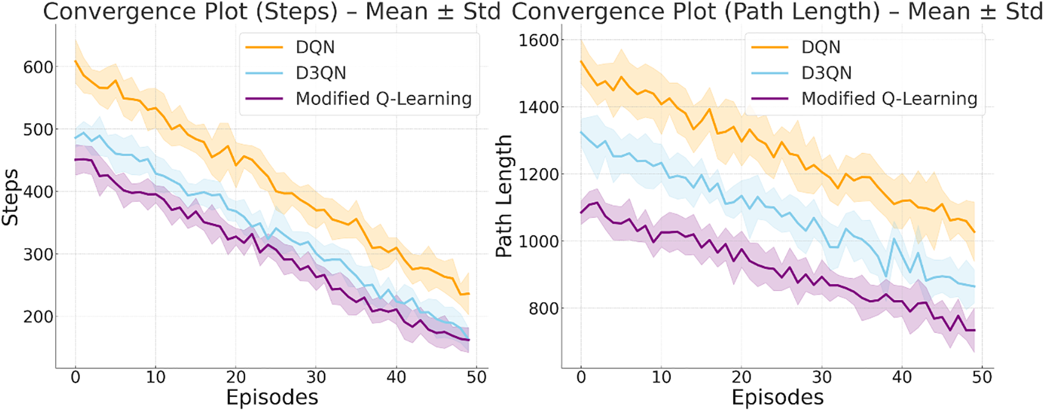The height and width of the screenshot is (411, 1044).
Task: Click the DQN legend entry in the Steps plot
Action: (315, 47)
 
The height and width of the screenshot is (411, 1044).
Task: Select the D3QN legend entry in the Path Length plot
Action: (826, 73)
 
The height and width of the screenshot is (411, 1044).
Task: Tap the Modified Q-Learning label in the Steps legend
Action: (384, 98)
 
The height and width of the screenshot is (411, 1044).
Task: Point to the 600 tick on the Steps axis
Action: (38, 67)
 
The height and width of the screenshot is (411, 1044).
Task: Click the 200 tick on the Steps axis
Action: (38, 316)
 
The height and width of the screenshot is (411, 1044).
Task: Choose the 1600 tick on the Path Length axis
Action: (538, 40)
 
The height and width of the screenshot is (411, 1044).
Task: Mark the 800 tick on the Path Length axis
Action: (543, 309)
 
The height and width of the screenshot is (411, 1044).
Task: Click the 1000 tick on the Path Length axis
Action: (538, 241)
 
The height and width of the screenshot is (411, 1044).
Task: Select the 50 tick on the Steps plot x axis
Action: (476, 377)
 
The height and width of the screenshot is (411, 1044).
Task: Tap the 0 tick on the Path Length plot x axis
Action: (581, 377)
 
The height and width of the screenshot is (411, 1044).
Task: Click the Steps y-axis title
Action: (10, 197)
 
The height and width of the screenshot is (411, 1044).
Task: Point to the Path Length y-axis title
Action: (504, 196)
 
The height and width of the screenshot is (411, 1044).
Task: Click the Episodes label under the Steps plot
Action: (272, 398)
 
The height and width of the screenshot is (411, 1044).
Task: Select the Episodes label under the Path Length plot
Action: (778, 398)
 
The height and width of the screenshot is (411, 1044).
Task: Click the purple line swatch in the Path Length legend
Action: (770, 98)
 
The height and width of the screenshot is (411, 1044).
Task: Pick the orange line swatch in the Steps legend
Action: (264, 47)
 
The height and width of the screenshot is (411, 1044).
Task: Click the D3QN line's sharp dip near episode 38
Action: (886, 276)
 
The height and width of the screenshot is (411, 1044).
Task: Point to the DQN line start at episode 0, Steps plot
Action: (76, 62)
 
